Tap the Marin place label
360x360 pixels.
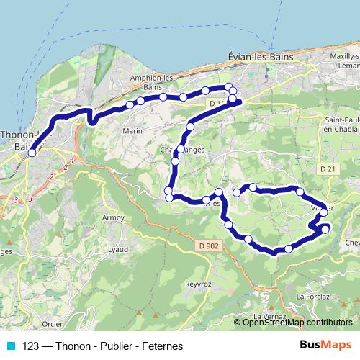tap(132, 131)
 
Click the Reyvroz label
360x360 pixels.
tap(197, 284)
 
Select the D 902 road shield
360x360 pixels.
tap(207, 246)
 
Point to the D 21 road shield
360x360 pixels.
tap(328, 169)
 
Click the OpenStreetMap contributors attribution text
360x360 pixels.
tap(297, 323)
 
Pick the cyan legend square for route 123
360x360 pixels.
tap(10, 346)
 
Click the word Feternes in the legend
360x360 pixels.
tap(163, 346)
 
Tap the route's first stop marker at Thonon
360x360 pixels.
tap(32, 153)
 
